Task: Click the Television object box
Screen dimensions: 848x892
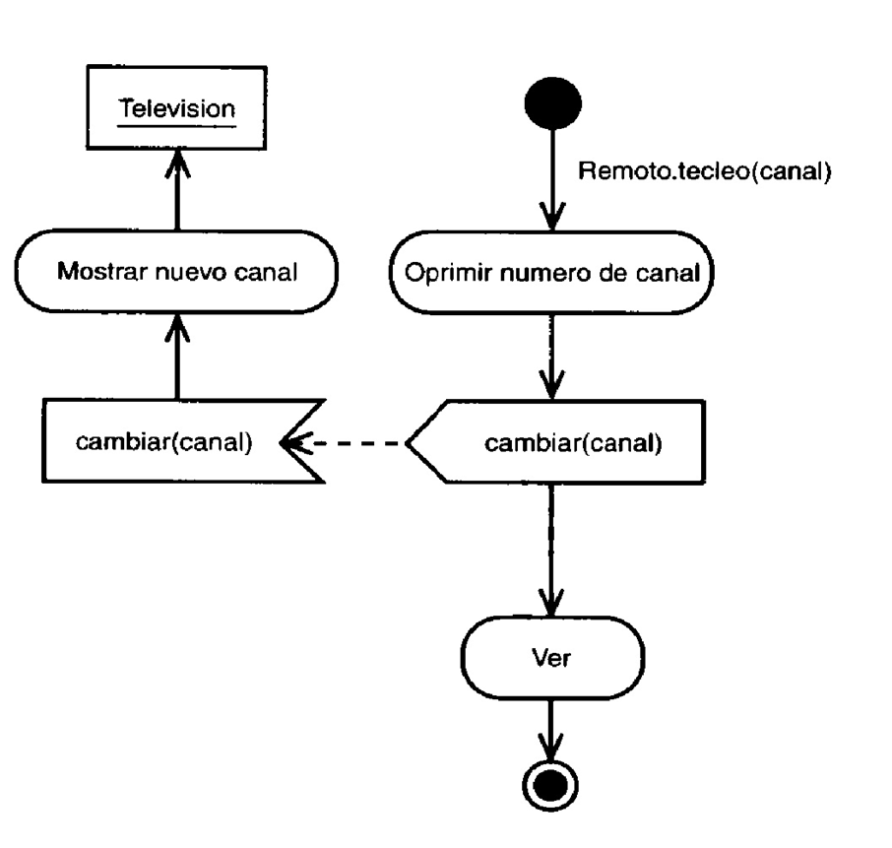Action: pos(177,107)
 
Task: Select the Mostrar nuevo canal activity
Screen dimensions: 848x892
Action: pos(177,270)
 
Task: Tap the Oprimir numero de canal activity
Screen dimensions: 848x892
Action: pos(551,270)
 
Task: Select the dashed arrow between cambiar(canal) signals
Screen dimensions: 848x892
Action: pos(345,442)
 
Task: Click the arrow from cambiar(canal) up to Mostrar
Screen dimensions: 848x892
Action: pos(177,355)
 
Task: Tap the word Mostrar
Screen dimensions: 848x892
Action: pos(94,271)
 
